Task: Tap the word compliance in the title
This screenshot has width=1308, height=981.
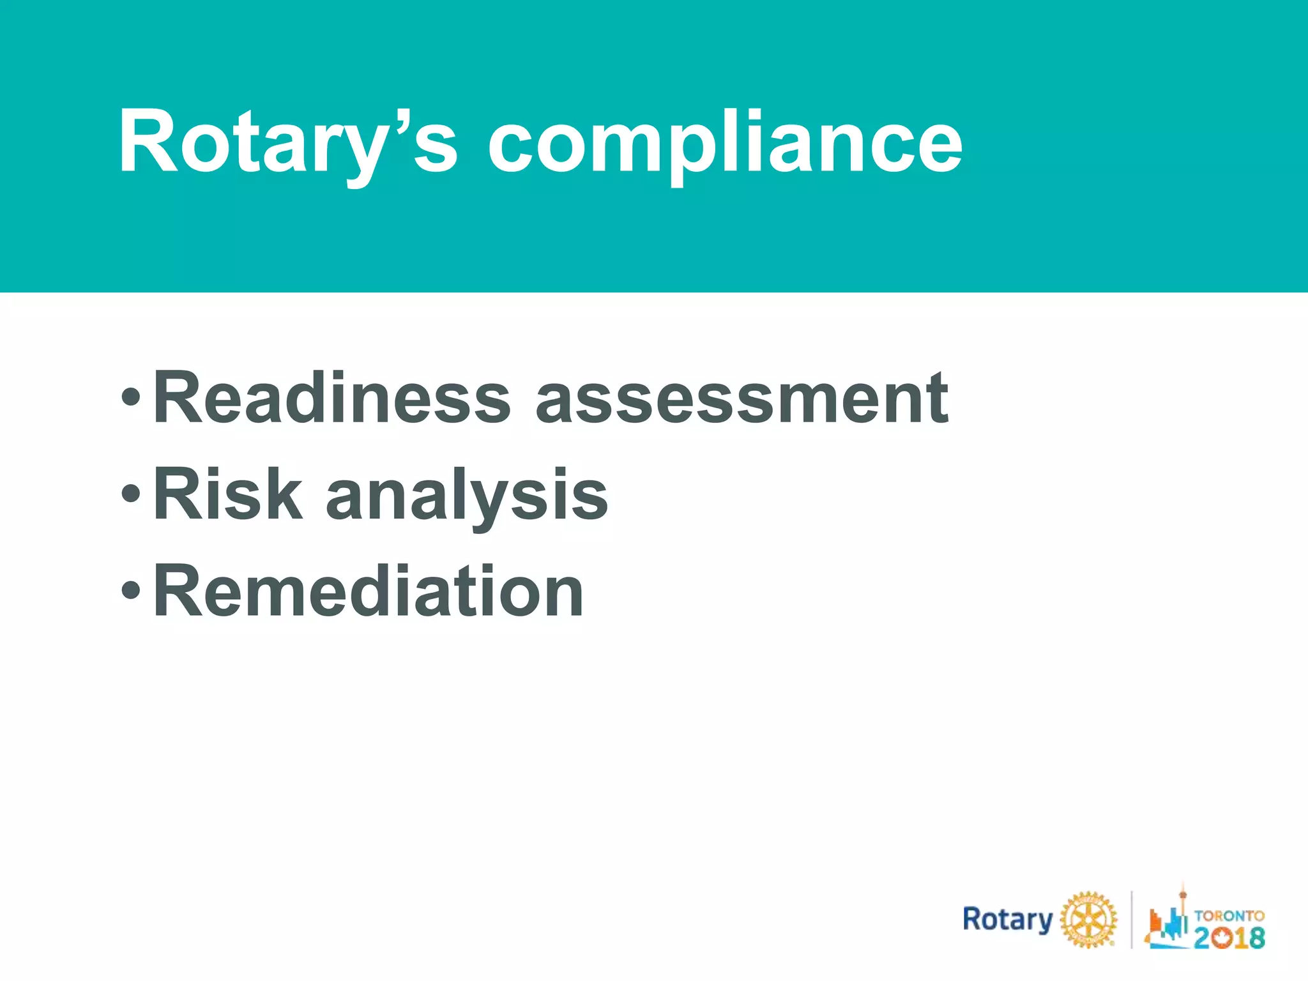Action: (x=725, y=142)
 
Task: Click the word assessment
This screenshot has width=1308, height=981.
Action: (x=742, y=399)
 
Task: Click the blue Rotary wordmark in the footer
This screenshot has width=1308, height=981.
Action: (x=1007, y=920)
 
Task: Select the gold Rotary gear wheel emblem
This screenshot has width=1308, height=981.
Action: (x=1088, y=920)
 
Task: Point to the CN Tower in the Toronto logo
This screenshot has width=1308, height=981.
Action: (x=1182, y=907)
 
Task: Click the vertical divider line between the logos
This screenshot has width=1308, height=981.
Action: (x=1131, y=920)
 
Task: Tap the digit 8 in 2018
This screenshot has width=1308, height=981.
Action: (x=1256, y=937)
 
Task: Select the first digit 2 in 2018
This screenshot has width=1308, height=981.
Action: (x=1203, y=937)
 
